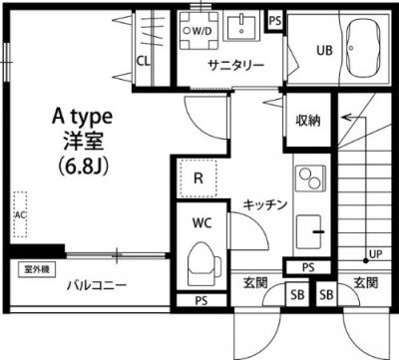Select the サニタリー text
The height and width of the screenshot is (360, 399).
tap(235, 66)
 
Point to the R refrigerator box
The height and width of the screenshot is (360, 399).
tap(199, 180)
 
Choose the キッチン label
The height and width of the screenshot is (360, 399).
tap(265, 204)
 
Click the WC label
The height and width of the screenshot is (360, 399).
tap(200, 223)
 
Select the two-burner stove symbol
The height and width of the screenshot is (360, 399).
tap(308, 180)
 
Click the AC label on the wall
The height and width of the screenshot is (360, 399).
tap(19, 214)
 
